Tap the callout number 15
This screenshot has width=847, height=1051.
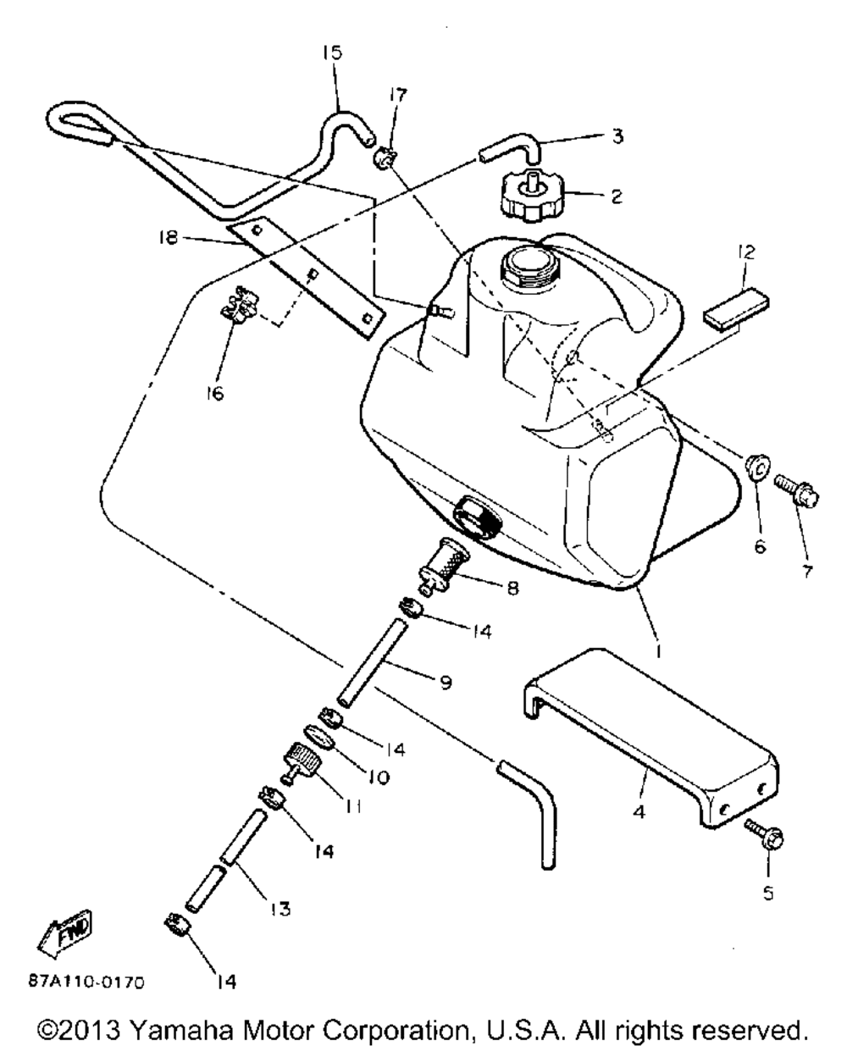(331, 53)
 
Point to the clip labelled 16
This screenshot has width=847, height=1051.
(238, 307)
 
